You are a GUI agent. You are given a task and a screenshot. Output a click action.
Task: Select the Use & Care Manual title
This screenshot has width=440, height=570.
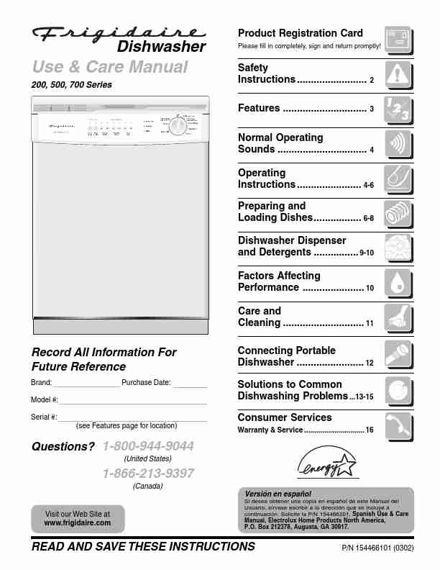(x=110, y=68)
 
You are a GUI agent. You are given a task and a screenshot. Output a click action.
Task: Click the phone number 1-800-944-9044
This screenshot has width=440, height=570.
(x=149, y=446)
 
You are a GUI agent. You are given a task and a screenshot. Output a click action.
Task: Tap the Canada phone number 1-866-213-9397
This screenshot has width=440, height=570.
(x=148, y=473)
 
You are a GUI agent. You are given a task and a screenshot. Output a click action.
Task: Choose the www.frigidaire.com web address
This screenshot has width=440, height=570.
(x=78, y=522)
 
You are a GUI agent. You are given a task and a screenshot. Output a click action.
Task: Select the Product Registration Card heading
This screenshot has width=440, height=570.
(x=300, y=33)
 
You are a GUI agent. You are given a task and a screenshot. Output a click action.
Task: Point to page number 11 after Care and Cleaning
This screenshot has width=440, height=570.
(x=370, y=324)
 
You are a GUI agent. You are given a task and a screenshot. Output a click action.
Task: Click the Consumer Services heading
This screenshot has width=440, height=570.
(x=285, y=417)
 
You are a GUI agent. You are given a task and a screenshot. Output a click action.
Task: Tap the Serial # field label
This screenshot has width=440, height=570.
(x=45, y=417)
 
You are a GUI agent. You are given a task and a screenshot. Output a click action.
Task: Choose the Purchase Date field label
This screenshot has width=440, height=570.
(x=146, y=382)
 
